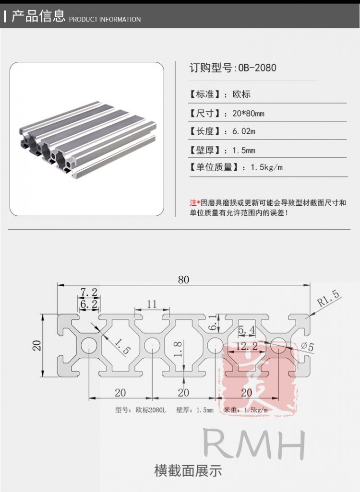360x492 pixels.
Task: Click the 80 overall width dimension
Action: point(184,280)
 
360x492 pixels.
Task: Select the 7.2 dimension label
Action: point(89,293)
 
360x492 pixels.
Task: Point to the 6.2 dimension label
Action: point(89,304)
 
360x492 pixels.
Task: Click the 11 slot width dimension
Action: point(152,304)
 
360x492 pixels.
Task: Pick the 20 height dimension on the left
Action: point(37,345)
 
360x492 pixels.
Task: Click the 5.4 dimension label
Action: point(246,330)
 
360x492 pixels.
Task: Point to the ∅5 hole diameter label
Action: point(308,347)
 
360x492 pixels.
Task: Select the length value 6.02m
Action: point(244,131)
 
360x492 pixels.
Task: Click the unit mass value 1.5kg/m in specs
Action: point(266,167)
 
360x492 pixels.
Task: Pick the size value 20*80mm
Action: point(248,114)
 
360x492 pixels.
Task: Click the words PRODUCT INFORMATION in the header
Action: point(105,20)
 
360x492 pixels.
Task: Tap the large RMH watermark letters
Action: point(254,445)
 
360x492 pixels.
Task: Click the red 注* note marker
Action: point(195,203)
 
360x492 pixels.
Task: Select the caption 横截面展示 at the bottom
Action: point(188,470)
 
